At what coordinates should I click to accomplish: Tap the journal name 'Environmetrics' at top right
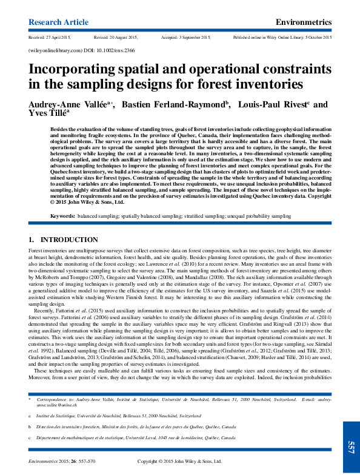coord(303,22)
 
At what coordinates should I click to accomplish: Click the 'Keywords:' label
coord(62,216)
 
